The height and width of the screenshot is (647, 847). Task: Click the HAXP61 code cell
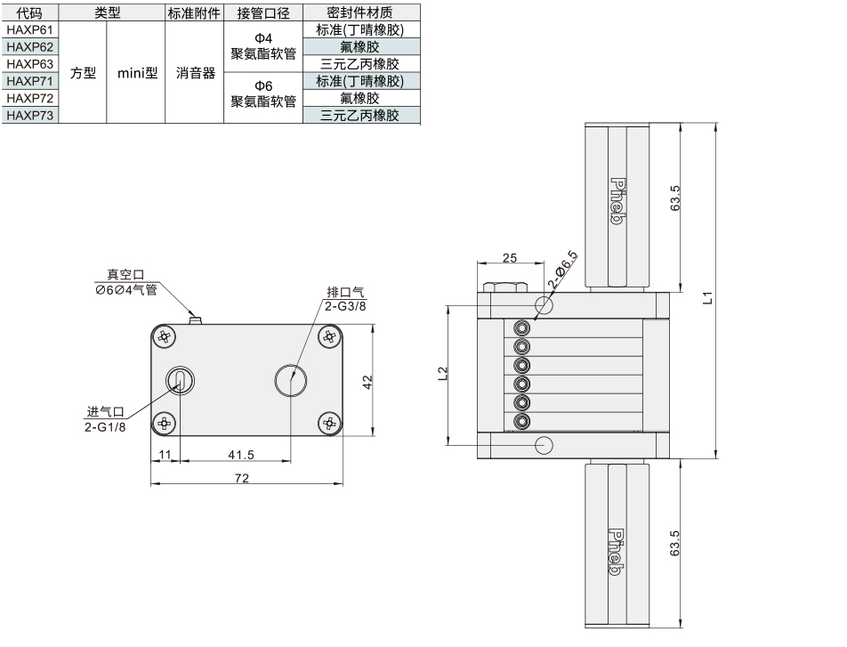click(29, 29)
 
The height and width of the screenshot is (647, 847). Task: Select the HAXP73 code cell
click(29, 115)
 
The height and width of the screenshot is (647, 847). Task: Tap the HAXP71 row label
click(29, 81)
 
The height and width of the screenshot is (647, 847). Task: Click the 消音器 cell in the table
click(195, 73)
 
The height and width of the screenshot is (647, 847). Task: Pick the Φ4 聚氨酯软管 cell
click(263, 46)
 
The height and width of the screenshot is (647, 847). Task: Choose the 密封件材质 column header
click(359, 12)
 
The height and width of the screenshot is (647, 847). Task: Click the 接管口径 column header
click(263, 13)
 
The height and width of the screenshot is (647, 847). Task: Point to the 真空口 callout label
click(125, 275)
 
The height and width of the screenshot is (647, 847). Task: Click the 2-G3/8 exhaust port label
click(345, 306)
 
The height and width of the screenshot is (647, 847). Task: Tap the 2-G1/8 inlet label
click(105, 427)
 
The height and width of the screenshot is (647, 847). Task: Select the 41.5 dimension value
click(241, 455)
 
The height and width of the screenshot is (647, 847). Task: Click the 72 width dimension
click(242, 478)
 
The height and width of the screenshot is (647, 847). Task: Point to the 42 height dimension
click(367, 382)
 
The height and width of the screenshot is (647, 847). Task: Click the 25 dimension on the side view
click(510, 258)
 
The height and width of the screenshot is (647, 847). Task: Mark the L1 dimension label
click(707, 298)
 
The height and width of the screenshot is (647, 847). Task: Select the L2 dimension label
click(442, 374)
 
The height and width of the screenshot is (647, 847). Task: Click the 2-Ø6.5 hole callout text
click(563, 270)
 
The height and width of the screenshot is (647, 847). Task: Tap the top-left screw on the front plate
click(165, 338)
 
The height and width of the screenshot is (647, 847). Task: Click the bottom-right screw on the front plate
click(329, 423)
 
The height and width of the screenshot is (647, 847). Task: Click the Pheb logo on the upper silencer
click(617, 200)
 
